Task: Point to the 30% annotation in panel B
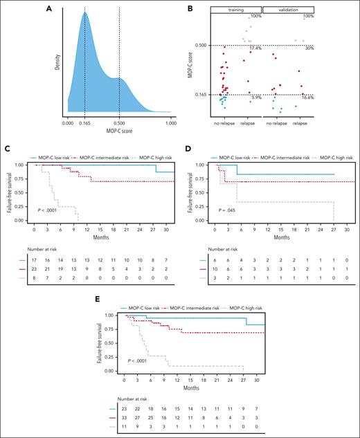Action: [x=309, y=48]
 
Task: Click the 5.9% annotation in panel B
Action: [x=255, y=98]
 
